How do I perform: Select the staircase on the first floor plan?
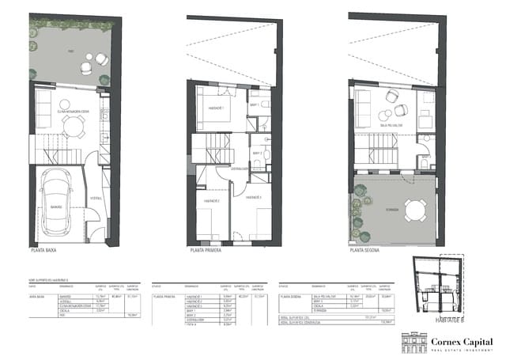pyautogui.click(x=210, y=150)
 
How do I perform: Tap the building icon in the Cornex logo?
pyautogui.click(x=415, y=343)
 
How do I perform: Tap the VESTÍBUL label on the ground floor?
pyautogui.click(x=95, y=197)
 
